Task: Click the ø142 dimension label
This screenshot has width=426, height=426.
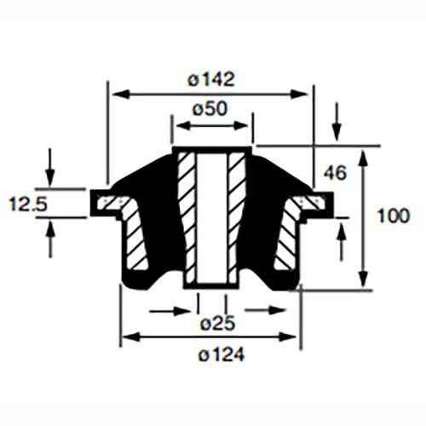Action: point(210,79)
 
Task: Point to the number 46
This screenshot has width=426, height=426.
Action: point(335,174)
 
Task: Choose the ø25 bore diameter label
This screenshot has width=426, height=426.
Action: point(212,325)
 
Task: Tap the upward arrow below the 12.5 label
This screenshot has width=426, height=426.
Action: point(50,240)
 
